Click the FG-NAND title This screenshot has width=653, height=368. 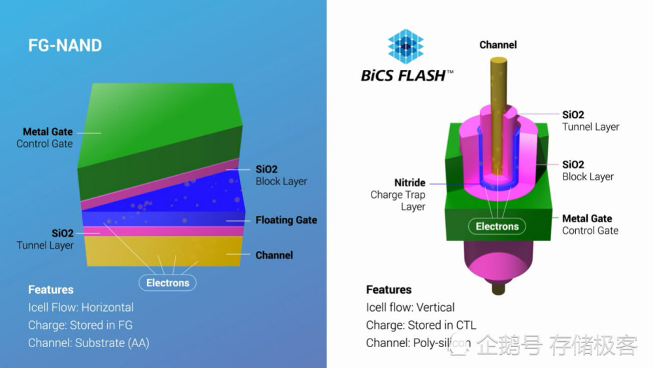[65, 45]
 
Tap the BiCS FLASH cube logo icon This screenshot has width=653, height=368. [406, 46]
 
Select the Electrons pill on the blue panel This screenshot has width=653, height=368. [167, 282]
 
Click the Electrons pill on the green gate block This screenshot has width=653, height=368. [497, 226]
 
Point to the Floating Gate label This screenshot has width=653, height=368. [286, 220]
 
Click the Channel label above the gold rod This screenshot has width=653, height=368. [498, 44]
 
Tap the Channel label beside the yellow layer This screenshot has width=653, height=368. [274, 255]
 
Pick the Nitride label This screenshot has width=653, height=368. [410, 182]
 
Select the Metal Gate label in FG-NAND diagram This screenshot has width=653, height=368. [48, 131]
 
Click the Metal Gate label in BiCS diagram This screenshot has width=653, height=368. [587, 218]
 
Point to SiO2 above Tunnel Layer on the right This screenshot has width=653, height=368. [573, 114]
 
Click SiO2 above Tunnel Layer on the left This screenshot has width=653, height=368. [63, 233]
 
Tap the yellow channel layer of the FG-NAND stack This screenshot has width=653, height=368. [164, 251]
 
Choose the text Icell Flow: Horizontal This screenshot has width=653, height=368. [81, 307]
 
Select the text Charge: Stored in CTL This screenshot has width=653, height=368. [421, 325]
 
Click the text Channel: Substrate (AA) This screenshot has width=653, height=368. [89, 343]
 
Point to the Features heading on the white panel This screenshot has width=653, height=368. [389, 289]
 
